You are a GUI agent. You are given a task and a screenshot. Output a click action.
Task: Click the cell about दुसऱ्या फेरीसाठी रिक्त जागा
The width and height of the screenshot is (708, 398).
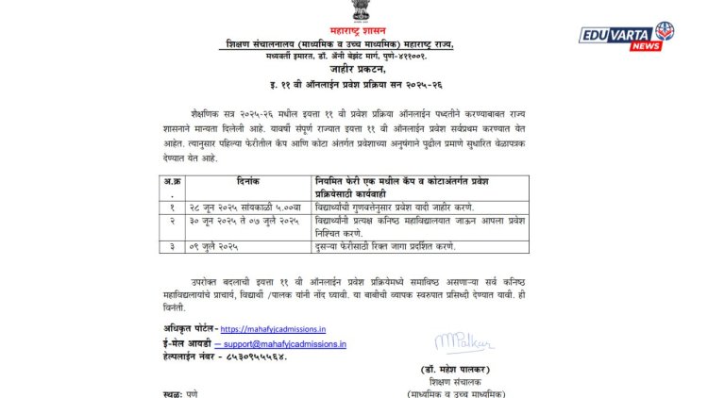tap(386, 245)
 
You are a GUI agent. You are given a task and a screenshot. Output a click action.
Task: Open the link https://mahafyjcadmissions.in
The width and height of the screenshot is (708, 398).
tap(273, 329)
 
